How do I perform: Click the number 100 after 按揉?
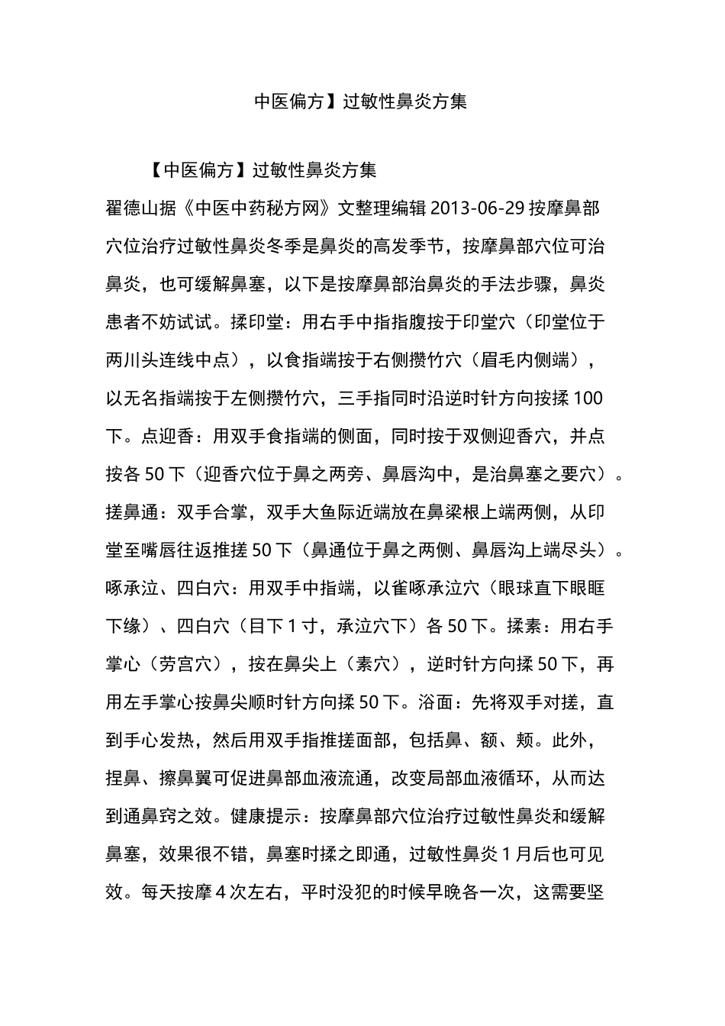click(587, 398)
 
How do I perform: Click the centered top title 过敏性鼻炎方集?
click(404, 102)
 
